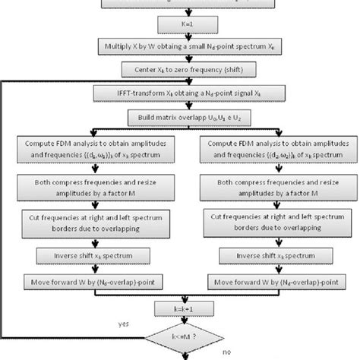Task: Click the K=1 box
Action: [x=180, y=24]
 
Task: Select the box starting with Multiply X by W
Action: [x=180, y=46]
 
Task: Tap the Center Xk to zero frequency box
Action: [x=180, y=69]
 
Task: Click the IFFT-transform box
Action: [x=180, y=94]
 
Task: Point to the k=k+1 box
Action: [x=180, y=308]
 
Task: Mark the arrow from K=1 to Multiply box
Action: [x=180, y=35]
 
